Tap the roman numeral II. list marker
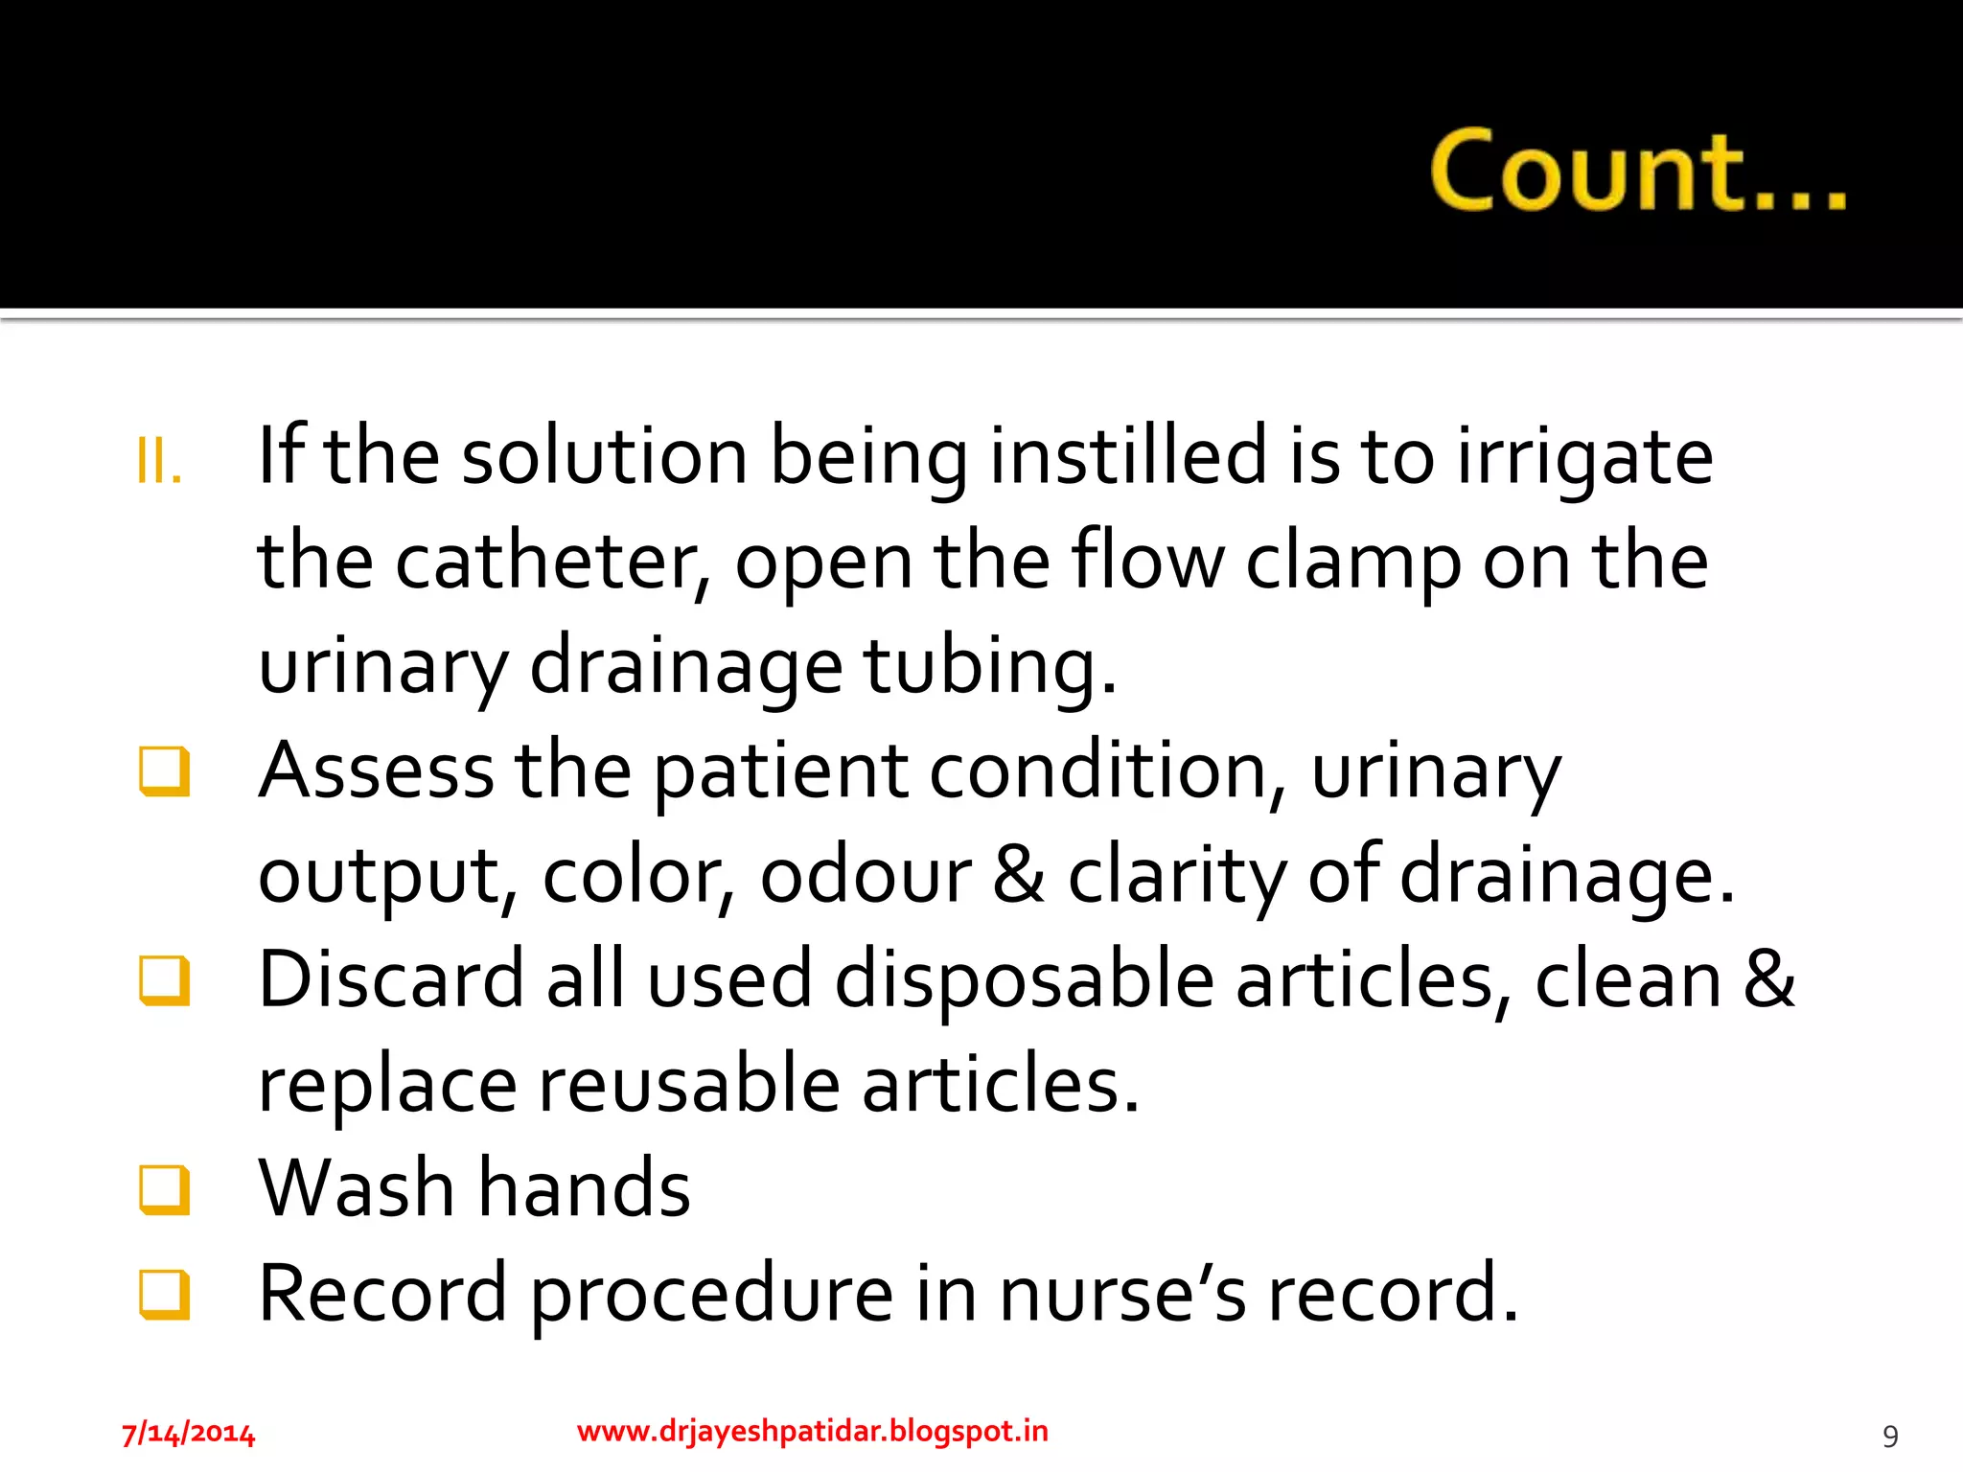tap(159, 462)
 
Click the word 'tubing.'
tap(990, 666)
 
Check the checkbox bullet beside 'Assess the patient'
tap(164, 771)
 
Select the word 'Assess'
tap(377, 770)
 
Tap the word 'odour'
tap(866, 875)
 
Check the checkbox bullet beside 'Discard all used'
tap(164, 980)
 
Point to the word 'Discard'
tap(391, 979)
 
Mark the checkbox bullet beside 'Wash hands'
tap(164, 1189)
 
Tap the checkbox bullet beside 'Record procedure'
tap(164, 1294)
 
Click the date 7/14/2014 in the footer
tap(188, 1434)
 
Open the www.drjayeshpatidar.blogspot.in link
tap(813, 1431)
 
